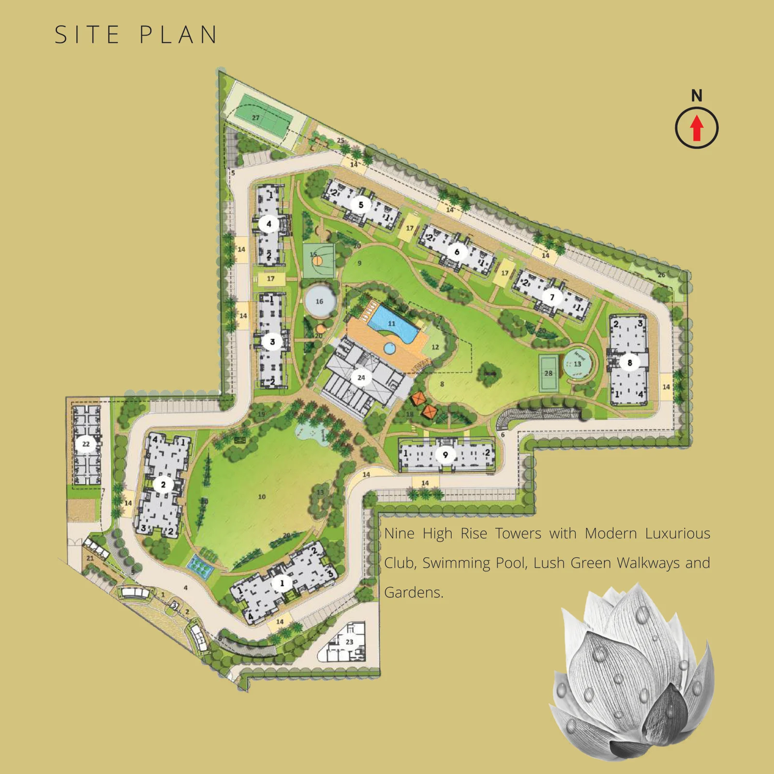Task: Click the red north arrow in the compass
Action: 697,128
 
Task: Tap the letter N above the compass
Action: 697,96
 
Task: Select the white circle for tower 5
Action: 360,205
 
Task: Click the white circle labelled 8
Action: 629,362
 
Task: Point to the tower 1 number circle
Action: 282,583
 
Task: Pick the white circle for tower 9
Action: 445,455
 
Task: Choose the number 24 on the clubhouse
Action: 361,377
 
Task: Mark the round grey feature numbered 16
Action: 319,301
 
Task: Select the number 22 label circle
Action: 86,444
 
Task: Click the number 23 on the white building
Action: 349,642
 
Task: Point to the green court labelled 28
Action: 548,373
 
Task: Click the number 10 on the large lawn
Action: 262,497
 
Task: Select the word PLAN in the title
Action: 179,35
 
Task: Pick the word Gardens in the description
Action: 413,593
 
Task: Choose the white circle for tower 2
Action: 164,484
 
